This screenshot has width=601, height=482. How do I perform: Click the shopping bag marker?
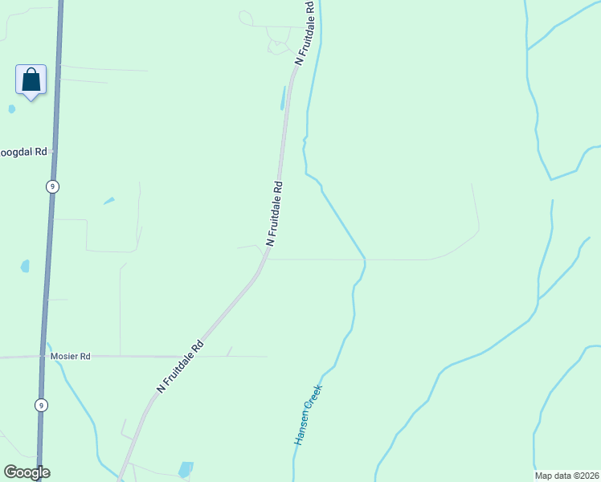click(x=31, y=80)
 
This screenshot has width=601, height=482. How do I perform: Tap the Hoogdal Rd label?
click(x=23, y=151)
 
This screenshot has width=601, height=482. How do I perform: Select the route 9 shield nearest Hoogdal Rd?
click(x=52, y=186)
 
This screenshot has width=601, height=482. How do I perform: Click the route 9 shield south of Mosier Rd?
click(x=40, y=405)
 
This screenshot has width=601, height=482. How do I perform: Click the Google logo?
click(x=27, y=472)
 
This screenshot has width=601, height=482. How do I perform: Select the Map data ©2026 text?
click(x=566, y=476)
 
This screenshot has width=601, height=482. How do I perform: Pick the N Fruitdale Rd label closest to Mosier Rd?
click(x=181, y=367)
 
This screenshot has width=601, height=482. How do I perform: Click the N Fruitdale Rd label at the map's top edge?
click(x=305, y=32)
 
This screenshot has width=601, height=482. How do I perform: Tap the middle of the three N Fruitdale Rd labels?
click(x=275, y=212)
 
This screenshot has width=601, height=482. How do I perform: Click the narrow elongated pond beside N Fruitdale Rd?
click(x=282, y=98)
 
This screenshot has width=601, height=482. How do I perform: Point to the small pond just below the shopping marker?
click(x=11, y=108)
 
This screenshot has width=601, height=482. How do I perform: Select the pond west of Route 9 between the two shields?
click(x=25, y=266)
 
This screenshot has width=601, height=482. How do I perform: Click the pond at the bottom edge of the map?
click(x=186, y=468)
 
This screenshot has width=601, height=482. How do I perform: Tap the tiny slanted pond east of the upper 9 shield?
click(x=108, y=201)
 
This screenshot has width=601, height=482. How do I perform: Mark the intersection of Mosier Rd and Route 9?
click(x=43, y=356)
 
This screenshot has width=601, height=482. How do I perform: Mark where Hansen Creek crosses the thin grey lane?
click(x=364, y=259)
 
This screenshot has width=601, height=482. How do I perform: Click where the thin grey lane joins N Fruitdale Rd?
click(x=264, y=259)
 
